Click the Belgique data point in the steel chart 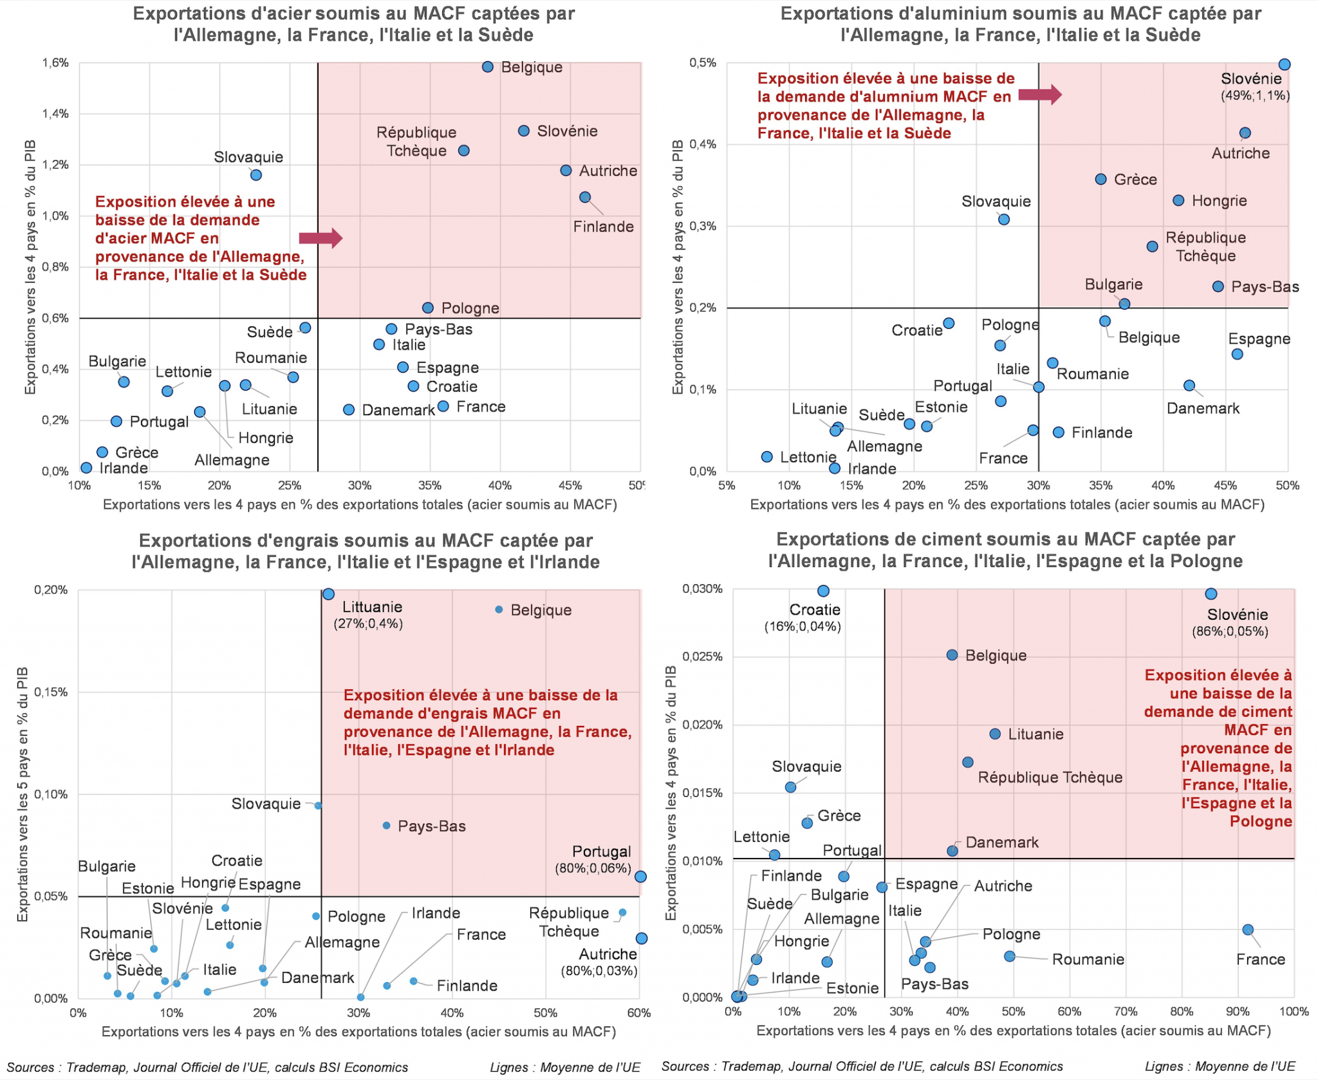[x=488, y=67]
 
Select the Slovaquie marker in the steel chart [x=255, y=175]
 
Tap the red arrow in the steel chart [x=320, y=238]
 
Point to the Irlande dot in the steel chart [x=86, y=468]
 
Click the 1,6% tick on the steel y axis [x=55, y=63]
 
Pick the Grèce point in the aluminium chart [x=1101, y=180]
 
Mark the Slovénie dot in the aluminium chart [x=1285, y=64]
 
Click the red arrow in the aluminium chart [x=1040, y=95]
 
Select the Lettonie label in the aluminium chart [x=808, y=458]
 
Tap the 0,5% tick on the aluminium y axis [x=703, y=63]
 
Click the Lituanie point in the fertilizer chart [x=328, y=594]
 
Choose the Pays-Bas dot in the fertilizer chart [x=387, y=826]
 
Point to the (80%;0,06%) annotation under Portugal [x=593, y=868]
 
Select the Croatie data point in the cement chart [x=823, y=591]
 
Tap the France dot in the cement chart [x=1248, y=929]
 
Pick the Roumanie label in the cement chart [x=1088, y=960]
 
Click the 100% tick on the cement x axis [x=1294, y=1012]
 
